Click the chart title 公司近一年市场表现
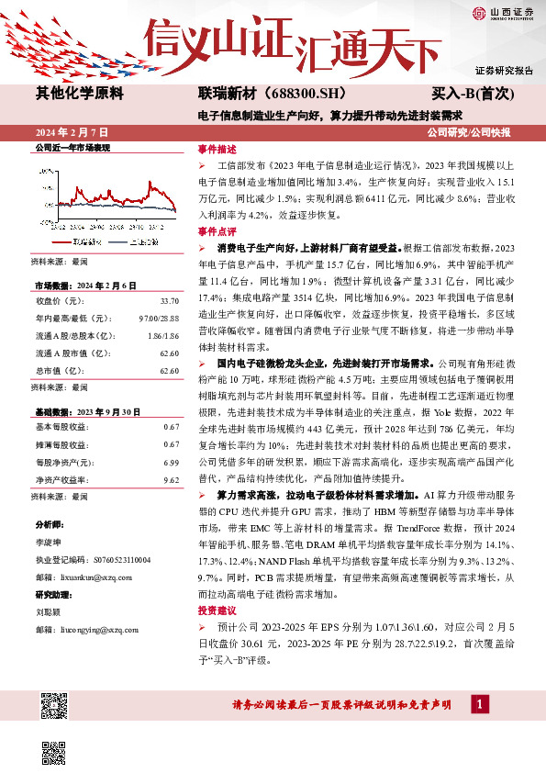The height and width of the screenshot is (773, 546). (x=72, y=147)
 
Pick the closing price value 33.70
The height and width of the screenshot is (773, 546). (x=169, y=300)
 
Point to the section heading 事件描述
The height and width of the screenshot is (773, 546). (x=217, y=149)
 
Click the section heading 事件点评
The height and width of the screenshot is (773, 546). (x=217, y=231)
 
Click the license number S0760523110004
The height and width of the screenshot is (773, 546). (x=112, y=558)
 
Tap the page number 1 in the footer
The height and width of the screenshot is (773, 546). (x=479, y=703)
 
